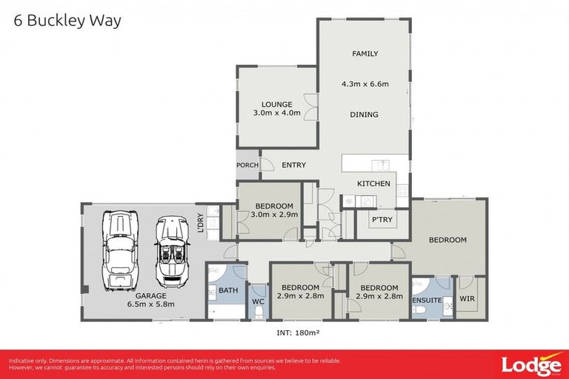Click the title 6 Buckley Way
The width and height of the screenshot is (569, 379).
coord(67,21)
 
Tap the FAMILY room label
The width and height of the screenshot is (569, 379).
coord(365,54)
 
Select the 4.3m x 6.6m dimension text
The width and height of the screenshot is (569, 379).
coord(365,84)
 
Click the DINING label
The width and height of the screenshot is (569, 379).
coord(365,115)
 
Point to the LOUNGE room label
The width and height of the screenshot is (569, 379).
coord(276,104)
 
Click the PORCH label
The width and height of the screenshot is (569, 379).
coord(247,165)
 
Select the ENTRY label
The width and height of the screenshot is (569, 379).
coord(293,165)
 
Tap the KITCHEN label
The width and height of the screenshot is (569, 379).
coord(373,183)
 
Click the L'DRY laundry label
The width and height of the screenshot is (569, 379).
coord(201,222)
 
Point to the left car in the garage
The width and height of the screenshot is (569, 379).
coord(120,251)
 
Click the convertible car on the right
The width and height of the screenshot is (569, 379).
coord(174,251)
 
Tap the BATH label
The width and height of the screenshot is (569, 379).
coord(228,290)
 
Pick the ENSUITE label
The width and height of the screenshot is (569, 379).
coord(428,301)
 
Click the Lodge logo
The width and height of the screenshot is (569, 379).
coord(530,364)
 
